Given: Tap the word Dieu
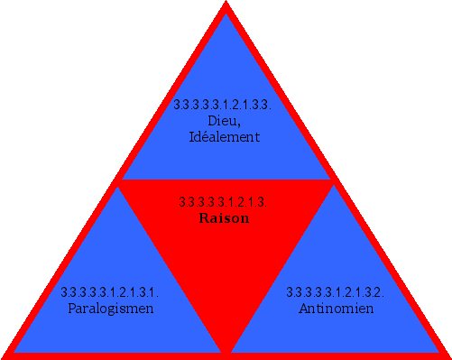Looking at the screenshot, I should click(225, 121).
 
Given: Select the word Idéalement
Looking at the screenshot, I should click(225, 137).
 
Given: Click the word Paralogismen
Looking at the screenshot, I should click(111, 309).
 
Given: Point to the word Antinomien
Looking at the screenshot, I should click(336, 309).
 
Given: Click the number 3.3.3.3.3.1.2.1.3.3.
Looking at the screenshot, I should click(224, 105).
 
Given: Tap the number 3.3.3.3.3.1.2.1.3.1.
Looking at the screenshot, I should click(110, 292).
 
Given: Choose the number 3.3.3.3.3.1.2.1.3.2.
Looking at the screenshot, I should click(336, 292).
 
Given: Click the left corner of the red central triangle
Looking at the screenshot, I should click(120, 180).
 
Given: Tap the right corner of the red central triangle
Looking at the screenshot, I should click(332, 180).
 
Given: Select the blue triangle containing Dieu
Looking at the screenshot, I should click(226, 72).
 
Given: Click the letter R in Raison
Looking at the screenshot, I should click(203, 218).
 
